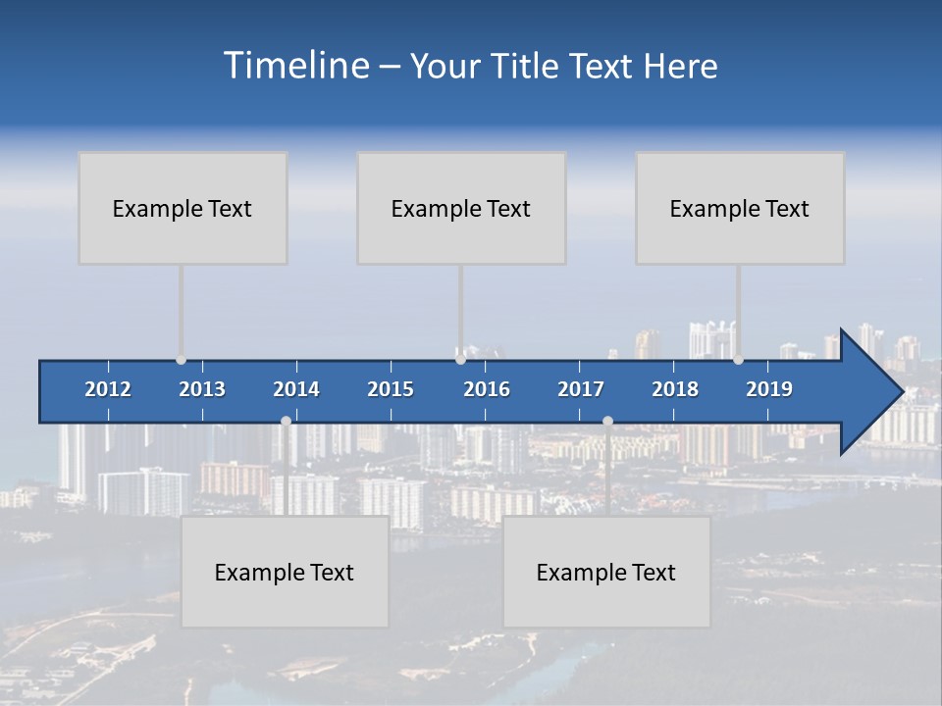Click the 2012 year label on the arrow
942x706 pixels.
(108, 389)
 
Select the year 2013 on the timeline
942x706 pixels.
(202, 389)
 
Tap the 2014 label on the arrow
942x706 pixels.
(296, 389)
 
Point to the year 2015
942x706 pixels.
(391, 389)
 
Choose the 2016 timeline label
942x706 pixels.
(487, 389)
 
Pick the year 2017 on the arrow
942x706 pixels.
(581, 389)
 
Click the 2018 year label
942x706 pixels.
(675, 389)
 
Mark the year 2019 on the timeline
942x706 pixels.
(769, 389)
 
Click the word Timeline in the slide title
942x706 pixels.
(295, 66)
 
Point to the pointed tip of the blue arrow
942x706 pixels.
(901, 392)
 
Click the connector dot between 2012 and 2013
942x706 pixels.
(181, 360)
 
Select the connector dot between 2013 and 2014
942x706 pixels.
(286, 421)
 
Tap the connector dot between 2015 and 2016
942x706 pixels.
(460, 360)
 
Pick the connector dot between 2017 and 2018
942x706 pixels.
(607, 421)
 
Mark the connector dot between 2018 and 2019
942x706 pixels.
(738, 360)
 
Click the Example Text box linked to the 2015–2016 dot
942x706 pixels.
(461, 208)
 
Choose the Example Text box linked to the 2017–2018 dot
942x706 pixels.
(606, 572)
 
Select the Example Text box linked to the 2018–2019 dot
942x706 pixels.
(740, 208)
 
